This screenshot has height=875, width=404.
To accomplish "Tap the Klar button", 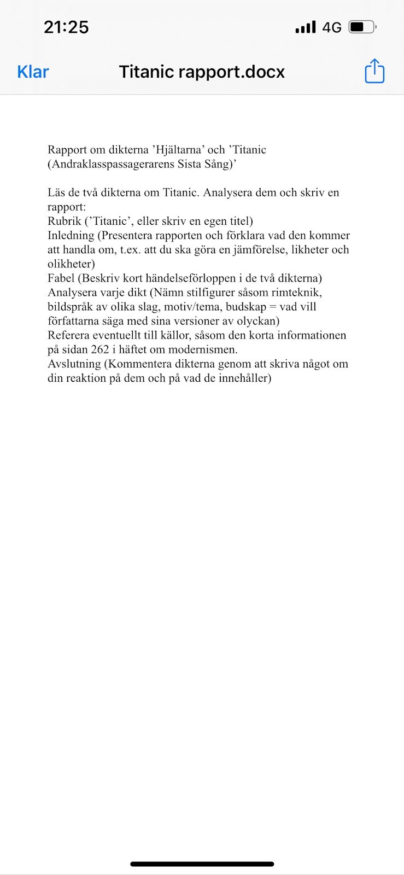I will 33,72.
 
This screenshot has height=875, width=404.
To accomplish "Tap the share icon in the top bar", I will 374,71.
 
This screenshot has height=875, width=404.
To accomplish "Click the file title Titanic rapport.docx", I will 202,72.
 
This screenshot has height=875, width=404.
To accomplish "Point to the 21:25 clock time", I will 66,27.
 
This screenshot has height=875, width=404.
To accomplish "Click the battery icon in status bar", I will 362,27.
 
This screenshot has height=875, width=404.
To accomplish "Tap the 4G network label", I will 332,27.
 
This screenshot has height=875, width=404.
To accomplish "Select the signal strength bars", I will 306,27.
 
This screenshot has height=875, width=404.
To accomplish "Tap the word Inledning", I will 71,236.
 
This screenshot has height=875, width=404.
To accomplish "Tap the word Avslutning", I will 74,364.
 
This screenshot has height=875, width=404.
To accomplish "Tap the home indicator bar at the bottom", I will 202,864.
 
